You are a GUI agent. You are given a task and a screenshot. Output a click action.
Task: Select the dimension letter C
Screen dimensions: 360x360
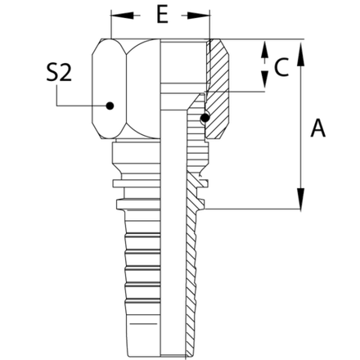tap(281, 70)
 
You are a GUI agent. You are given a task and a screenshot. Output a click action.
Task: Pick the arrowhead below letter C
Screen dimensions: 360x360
tap(264, 81)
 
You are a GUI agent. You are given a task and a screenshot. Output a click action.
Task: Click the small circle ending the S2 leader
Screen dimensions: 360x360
tap(112, 105)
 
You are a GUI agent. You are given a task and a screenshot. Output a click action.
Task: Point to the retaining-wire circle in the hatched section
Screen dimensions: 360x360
tap(202, 120)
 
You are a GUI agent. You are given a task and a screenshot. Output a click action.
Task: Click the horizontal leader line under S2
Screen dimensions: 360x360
tap(82, 105)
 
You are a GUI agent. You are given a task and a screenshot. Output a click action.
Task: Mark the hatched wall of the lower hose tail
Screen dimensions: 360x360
tap(193, 270)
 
